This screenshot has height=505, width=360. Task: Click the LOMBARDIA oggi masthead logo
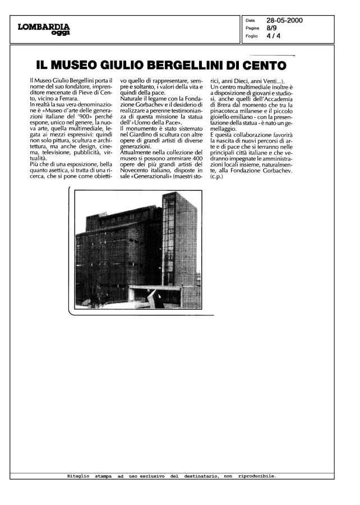[x=44, y=29]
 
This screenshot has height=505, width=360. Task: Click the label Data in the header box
[x=250, y=21]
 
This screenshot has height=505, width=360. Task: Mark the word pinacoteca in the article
[x=227, y=111]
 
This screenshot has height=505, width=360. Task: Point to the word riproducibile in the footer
[x=256, y=475]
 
